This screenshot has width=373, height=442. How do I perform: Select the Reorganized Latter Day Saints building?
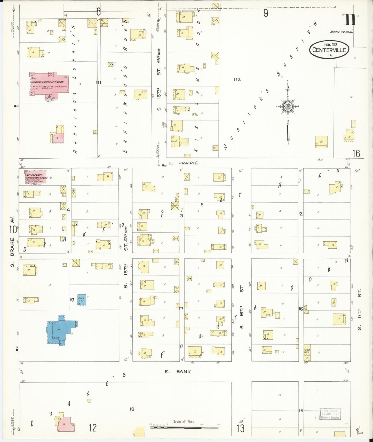coord(33,177)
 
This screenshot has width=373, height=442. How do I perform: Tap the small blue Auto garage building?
coord(82,300)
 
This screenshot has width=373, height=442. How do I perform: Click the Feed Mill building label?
coord(307,352)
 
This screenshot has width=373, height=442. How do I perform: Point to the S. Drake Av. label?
coord(12,239)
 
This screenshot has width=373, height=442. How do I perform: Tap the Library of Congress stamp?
coord(330,414)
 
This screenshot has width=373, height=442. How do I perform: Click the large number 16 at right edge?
coord(356,154)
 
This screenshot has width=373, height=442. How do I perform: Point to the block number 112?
coord(237,79)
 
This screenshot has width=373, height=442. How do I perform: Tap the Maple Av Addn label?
coord(341,32)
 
